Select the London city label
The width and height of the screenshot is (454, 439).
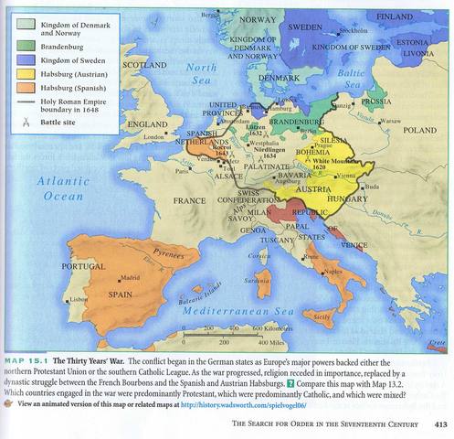click(153, 137)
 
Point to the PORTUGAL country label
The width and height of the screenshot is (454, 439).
click(83, 266)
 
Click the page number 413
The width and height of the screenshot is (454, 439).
click(439, 424)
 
